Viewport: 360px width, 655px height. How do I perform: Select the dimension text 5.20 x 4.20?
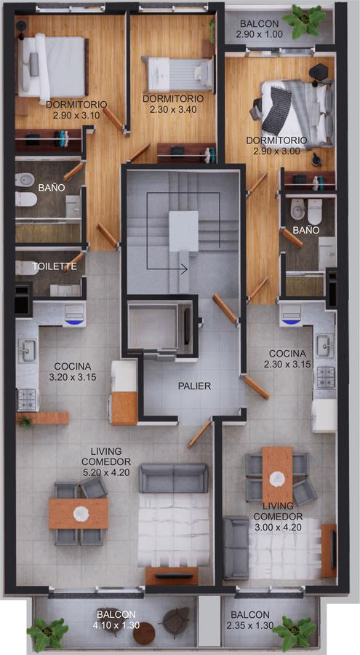coord(106,473)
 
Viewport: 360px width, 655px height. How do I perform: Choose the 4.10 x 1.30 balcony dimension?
coord(116,625)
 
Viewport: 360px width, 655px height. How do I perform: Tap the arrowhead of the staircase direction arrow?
coord(184,269)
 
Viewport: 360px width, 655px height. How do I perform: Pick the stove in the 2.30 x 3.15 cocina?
coord(325,377)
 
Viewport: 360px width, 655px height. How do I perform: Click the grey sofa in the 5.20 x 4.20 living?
coord(173,478)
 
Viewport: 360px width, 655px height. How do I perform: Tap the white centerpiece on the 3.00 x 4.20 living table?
coord(277,478)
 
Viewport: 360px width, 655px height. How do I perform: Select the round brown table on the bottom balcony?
coord(144,633)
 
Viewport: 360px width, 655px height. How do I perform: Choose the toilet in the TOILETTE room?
coord(27,267)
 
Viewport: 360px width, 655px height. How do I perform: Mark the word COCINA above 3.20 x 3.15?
coord(72,366)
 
